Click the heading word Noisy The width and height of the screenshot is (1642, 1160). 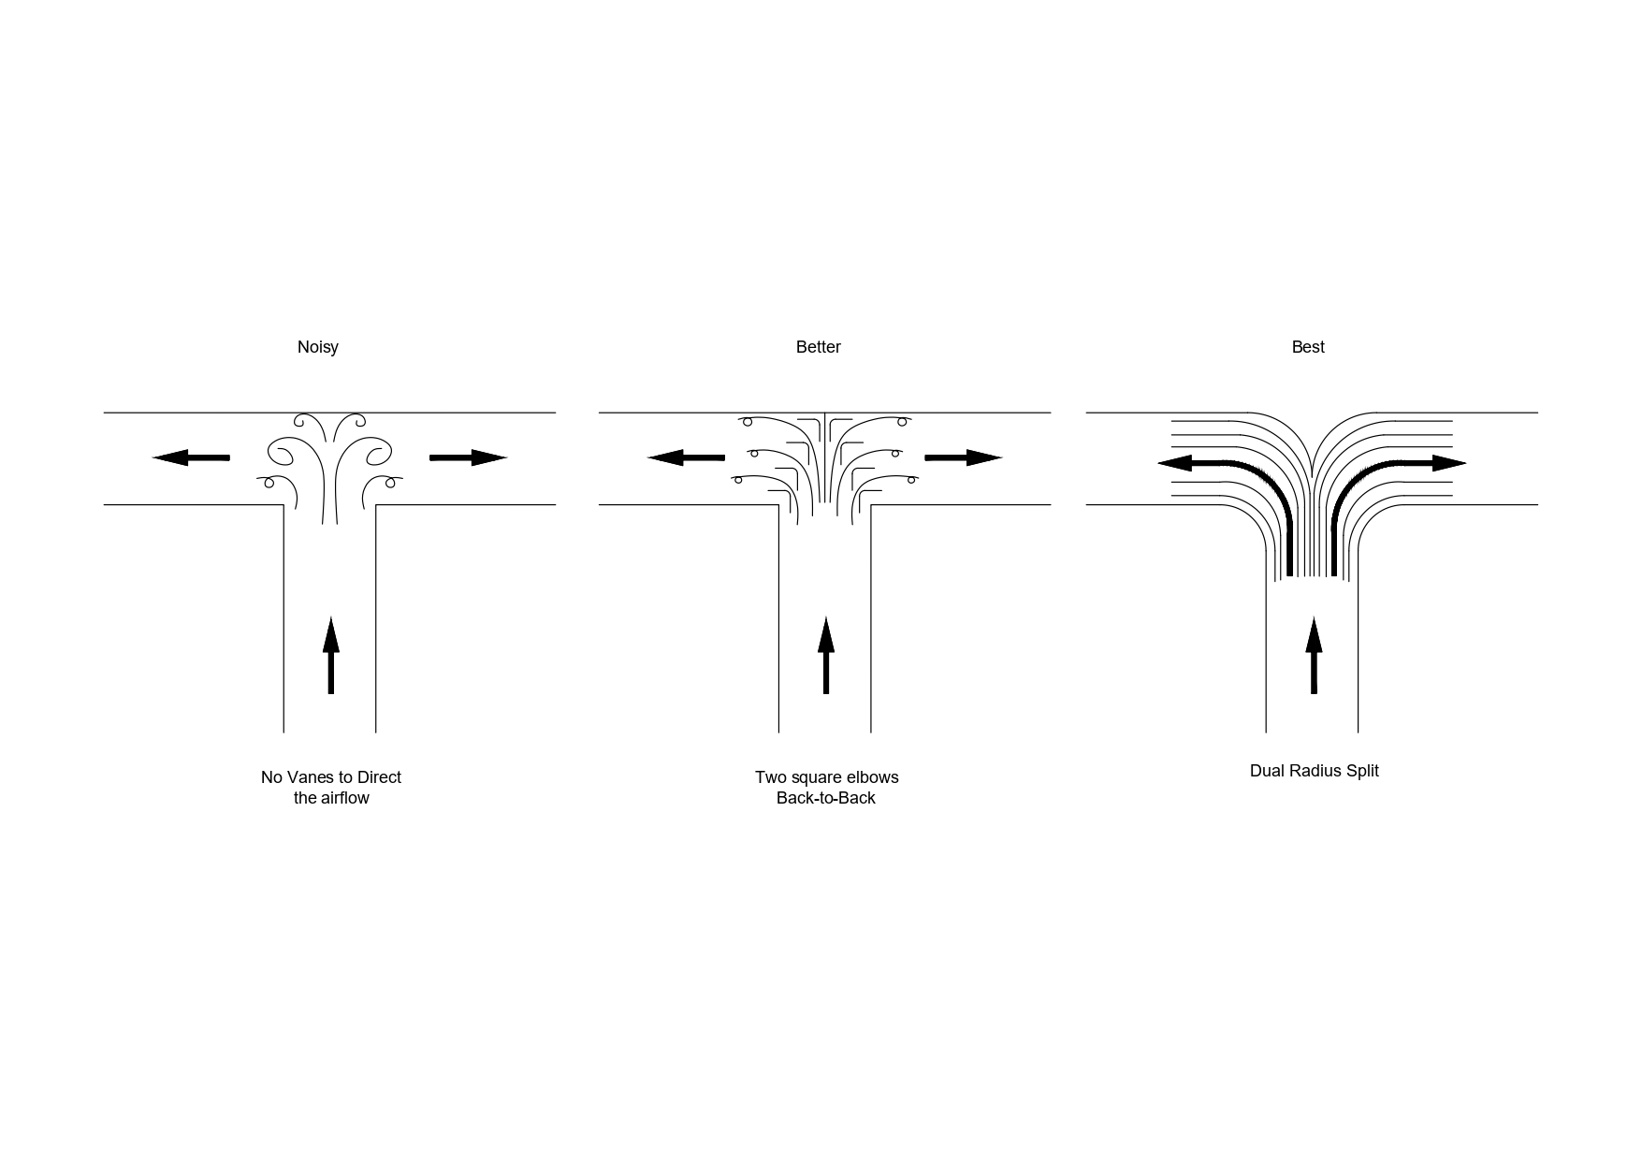click(x=317, y=347)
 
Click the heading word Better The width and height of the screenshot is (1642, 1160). click(x=818, y=347)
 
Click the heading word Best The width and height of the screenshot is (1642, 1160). click(x=1307, y=347)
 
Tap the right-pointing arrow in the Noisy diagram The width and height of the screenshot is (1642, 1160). click(x=468, y=457)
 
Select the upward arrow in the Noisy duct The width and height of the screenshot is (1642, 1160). click(x=330, y=655)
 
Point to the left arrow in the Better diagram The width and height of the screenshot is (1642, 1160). click(x=686, y=457)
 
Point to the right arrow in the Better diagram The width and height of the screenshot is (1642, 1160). click(x=963, y=457)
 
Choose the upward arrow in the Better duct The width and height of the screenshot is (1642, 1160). click(x=825, y=655)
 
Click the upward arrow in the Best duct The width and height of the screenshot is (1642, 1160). click(x=1314, y=655)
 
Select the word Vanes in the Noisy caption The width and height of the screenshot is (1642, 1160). click(x=310, y=777)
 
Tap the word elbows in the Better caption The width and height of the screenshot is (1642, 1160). click(x=872, y=777)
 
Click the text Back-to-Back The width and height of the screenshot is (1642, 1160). click(x=825, y=799)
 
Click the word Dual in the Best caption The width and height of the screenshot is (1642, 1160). click(x=1266, y=771)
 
